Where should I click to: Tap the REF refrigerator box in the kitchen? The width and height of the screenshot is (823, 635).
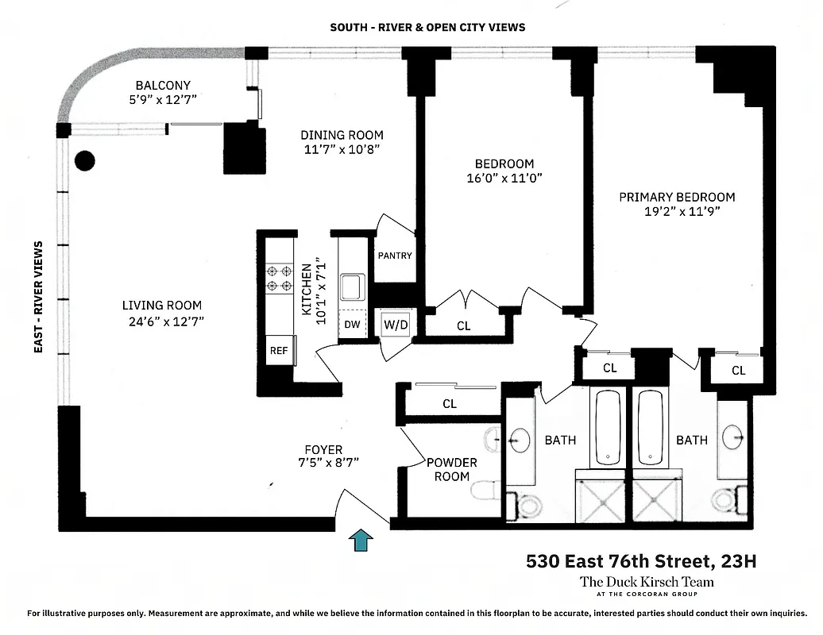pyautogui.click(x=279, y=350)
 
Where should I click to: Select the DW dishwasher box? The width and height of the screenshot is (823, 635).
pyautogui.click(x=352, y=325)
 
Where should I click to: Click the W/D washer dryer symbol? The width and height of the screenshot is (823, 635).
pyautogui.click(x=395, y=325)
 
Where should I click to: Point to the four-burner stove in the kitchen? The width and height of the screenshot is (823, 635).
pyautogui.click(x=279, y=278)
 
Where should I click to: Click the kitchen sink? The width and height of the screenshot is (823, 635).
pyautogui.click(x=352, y=287)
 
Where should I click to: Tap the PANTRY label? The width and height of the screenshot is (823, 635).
pyautogui.click(x=395, y=256)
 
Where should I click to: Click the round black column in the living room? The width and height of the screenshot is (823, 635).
pyautogui.click(x=84, y=161)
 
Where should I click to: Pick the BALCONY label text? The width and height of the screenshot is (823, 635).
pyautogui.click(x=163, y=86)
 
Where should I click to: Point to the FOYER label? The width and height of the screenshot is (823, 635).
pyautogui.click(x=323, y=449)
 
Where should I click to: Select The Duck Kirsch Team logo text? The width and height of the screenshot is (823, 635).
pyautogui.click(x=647, y=582)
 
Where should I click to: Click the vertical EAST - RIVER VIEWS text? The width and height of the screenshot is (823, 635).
pyautogui.click(x=38, y=297)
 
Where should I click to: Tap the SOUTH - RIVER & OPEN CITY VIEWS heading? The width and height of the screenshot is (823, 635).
pyautogui.click(x=427, y=27)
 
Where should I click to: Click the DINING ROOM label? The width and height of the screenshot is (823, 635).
pyautogui.click(x=342, y=135)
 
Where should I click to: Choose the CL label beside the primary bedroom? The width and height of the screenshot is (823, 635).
pyautogui.click(x=738, y=371)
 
